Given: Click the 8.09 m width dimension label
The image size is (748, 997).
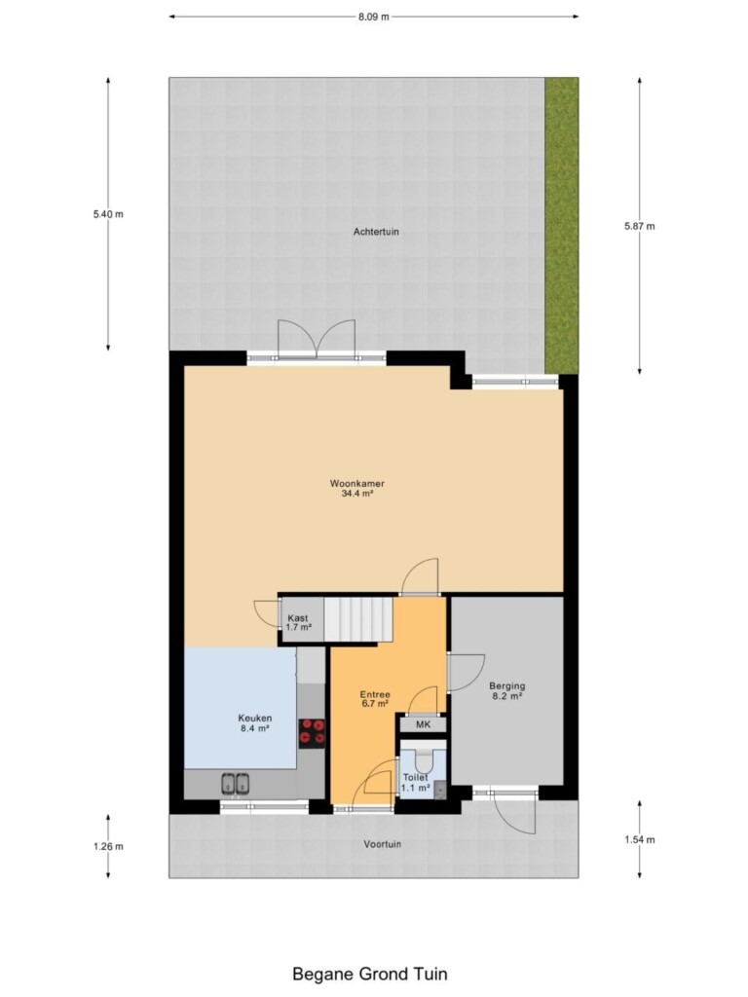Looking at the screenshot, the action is [373, 18].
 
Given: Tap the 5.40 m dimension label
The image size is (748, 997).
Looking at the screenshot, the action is [108, 214].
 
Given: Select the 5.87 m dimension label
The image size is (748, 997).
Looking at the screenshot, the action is [639, 226].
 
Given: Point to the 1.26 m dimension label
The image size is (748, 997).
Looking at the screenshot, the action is [108, 846].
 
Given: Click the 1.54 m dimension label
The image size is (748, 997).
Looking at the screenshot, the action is [639, 840].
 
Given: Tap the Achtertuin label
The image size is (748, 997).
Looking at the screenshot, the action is [376, 232].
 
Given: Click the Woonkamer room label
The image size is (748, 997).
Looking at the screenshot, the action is [356, 483].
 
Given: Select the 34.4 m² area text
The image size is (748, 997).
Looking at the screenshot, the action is [356, 493].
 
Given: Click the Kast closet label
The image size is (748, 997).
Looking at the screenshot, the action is [298, 618].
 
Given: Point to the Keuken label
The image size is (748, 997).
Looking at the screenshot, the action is [255, 719].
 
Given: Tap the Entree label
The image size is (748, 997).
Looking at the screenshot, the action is [375, 694].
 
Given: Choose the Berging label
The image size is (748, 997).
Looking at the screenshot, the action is [506, 686].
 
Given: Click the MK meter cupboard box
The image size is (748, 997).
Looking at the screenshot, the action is [423, 724].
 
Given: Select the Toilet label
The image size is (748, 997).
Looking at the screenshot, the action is [415, 778].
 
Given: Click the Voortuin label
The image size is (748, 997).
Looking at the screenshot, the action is [382, 844].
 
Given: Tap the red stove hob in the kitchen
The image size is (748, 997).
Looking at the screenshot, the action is [312, 732].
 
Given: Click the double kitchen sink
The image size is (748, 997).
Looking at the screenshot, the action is [235, 784].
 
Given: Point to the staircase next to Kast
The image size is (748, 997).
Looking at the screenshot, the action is [358, 619].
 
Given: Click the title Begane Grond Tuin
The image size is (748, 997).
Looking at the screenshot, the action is [369, 974].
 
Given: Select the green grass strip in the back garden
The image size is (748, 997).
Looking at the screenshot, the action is [562, 226].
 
